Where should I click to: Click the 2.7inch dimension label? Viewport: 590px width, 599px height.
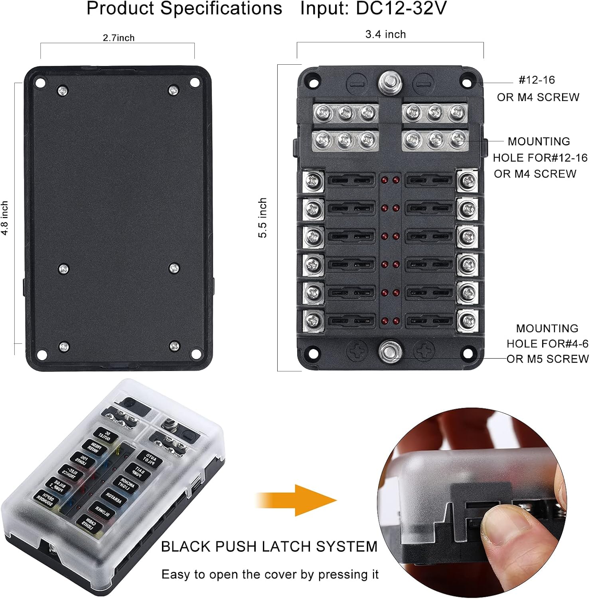pos(118,38)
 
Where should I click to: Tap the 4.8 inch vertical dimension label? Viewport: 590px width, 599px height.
pos(5,218)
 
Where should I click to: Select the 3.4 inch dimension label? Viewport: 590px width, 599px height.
pos(385,34)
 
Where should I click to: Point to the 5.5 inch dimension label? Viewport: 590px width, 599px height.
pos(262,218)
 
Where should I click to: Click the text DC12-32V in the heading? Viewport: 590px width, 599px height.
pos(401,8)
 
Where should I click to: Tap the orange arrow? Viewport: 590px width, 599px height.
pos(297,500)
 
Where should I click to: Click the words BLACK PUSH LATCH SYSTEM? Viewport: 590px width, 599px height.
pos(269,546)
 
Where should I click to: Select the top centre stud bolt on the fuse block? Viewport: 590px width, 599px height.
pos(390,83)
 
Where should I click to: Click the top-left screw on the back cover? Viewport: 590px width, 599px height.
pos(63,91)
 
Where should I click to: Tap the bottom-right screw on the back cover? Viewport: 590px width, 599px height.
pos(174,346)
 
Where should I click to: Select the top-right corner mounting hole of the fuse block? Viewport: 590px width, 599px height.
pos(466,83)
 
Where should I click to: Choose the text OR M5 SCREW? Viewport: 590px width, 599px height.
pos(548,359)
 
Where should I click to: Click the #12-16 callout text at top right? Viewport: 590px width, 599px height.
pos(537,80)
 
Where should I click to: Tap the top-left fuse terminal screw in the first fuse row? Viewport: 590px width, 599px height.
pos(314,181)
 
